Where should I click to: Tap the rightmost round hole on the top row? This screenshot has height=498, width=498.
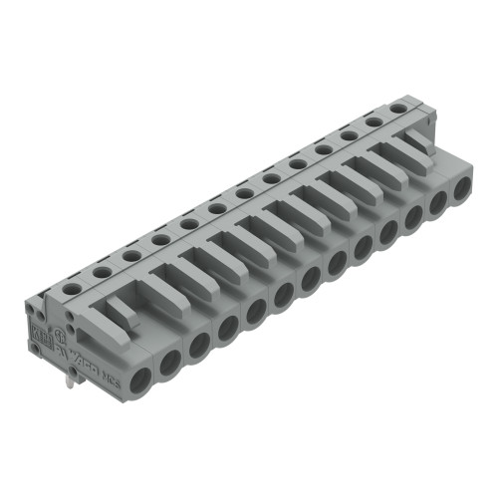click(398, 108)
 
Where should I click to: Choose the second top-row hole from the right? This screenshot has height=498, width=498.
click(374, 122)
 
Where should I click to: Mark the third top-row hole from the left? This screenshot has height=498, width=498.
click(131, 255)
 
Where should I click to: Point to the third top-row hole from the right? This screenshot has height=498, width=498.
click(350, 135)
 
